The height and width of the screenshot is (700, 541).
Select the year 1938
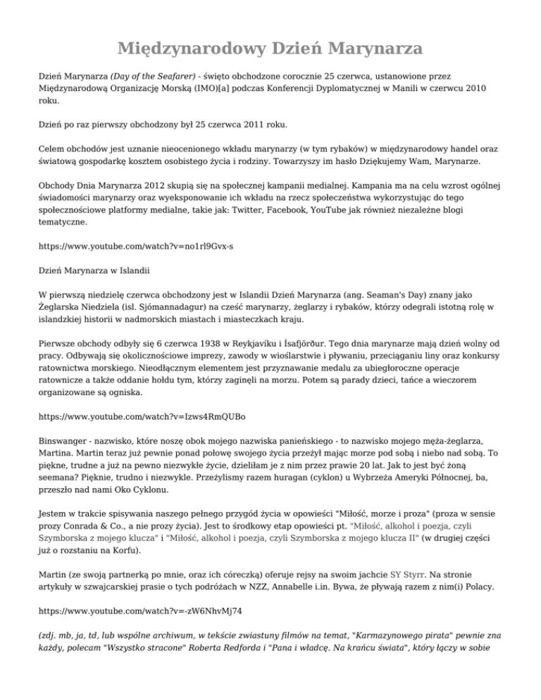(189, 337)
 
